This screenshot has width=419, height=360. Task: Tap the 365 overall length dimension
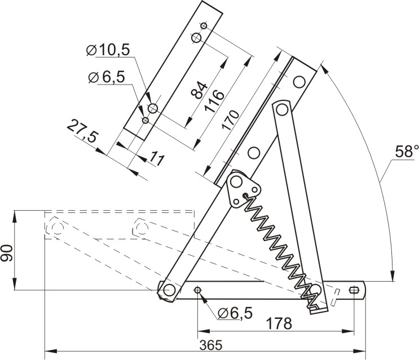[211, 345]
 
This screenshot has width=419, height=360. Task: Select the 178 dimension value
[279, 323]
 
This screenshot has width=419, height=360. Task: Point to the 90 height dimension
[7, 253]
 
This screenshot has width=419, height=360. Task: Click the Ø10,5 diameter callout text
[108, 50]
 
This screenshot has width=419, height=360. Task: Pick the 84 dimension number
[200, 91]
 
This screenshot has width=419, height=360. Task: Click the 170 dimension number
[230, 120]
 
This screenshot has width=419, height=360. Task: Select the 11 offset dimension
[156, 158]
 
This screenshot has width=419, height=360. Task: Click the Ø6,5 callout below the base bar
[235, 313]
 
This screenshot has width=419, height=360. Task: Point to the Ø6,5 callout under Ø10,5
[107, 77]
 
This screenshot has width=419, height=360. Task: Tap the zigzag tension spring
[282, 250]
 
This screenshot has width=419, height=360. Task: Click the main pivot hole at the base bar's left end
[169, 290]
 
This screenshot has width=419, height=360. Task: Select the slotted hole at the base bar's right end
[354, 290]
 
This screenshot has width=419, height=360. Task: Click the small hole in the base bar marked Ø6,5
[198, 290]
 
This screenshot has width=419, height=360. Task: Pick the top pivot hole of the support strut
[281, 109]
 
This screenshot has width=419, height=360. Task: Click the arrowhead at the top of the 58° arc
[324, 68]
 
